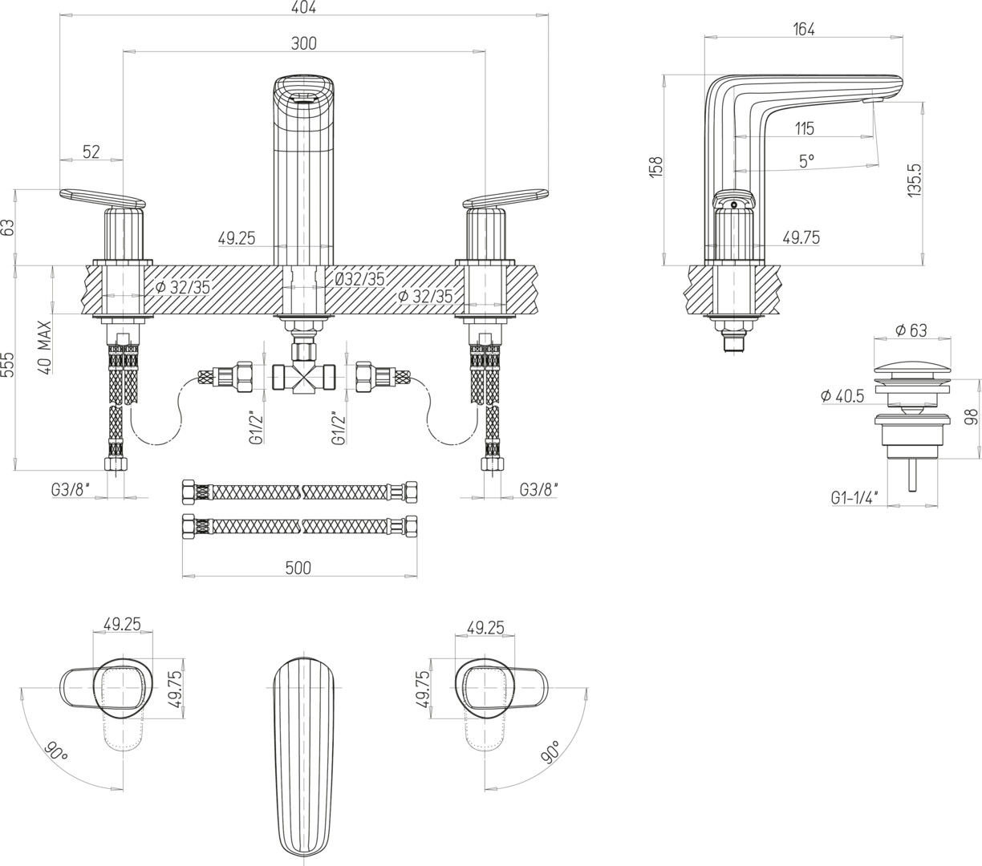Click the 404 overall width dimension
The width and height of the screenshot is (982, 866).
click(304, 7)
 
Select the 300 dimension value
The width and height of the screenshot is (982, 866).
click(303, 43)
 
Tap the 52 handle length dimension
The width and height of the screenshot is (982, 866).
click(91, 152)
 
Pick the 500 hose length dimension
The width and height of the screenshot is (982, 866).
click(298, 568)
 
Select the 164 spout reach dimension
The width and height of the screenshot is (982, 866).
click(803, 30)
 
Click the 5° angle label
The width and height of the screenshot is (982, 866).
click(806, 161)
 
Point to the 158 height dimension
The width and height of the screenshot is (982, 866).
click(656, 167)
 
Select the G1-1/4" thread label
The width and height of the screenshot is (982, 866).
click(854, 498)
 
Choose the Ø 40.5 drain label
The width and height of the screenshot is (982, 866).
click(842, 395)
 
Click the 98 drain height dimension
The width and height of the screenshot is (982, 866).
click(972, 417)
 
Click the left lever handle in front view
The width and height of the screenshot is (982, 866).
click(103, 197)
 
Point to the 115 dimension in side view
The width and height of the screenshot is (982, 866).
click(805, 128)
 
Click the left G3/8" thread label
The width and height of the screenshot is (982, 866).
click(71, 488)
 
